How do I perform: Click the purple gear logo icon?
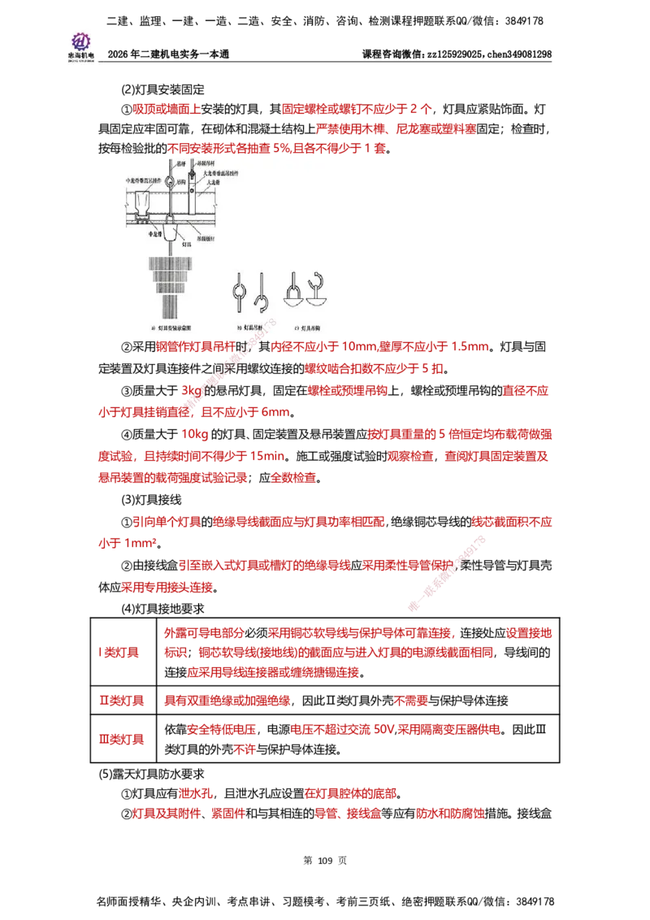(x=80, y=40)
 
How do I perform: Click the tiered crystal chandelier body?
(x=171, y=280)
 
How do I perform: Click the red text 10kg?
(x=195, y=436)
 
